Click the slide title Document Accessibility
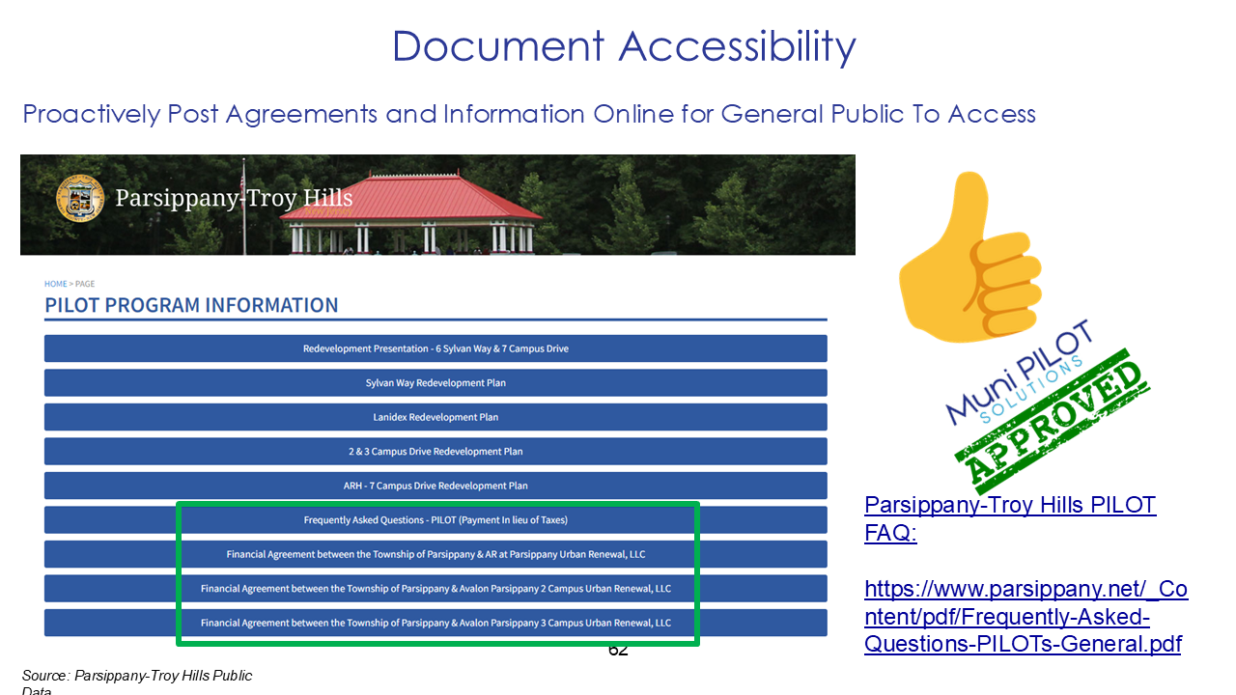pyautogui.click(x=624, y=46)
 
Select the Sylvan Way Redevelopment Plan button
pyautogui.click(x=435, y=383)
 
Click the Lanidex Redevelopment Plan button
pyautogui.click(x=435, y=417)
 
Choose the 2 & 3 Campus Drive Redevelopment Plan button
pyautogui.click(x=435, y=452)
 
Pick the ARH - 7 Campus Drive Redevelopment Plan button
pyautogui.click(x=435, y=486)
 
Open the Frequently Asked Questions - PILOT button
pyautogui.click(x=435, y=520)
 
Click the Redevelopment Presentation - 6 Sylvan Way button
pyautogui.click(x=435, y=348)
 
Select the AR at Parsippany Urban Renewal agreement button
pyautogui.click(x=435, y=554)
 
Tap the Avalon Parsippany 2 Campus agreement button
pyautogui.click(x=435, y=589)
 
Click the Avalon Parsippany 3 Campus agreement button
pyautogui.click(x=435, y=623)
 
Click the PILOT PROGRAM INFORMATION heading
pyautogui.click(x=191, y=305)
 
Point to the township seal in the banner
pyautogui.click(x=80, y=199)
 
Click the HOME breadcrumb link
pyautogui.click(x=55, y=284)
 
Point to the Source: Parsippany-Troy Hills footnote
pyautogui.click(x=136, y=677)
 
